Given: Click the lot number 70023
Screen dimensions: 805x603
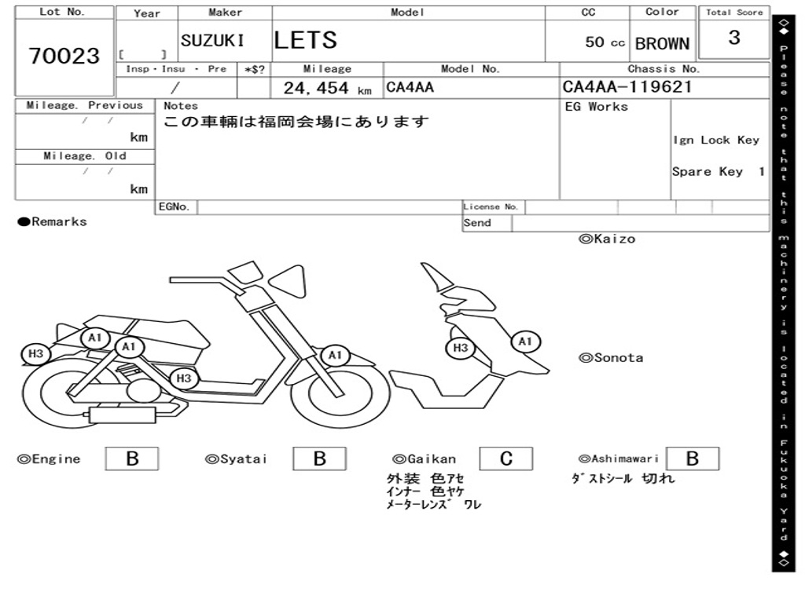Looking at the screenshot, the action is pyautogui.click(x=64, y=56).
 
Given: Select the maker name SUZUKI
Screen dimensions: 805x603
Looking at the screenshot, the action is pyautogui.click(x=212, y=41).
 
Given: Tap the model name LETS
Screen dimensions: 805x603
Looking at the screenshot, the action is pyautogui.click(x=306, y=40).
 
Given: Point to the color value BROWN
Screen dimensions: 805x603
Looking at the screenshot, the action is pyautogui.click(x=662, y=44).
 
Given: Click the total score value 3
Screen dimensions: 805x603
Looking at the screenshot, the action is pyautogui.click(x=734, y=38).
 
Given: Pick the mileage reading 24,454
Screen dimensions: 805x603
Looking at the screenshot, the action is pyautogui.click(x=316, y=88).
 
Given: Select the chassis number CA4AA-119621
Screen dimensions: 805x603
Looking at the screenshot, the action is pyautogui.click(x=627, y=86).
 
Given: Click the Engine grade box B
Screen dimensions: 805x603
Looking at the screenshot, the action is pyautogui.click(x=132, y=459).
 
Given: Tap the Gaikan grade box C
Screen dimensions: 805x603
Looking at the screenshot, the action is pyautogui.click(x=506, y=459).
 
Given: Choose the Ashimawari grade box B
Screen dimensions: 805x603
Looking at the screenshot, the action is pyautogui.click(x=693, y=459).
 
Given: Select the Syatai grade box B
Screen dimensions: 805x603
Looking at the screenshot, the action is pyautogui.click(x=319, y=459).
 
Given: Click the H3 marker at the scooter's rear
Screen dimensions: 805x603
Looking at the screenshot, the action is pyautogui.click(x=35, y=354).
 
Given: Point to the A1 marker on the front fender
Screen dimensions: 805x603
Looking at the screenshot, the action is pyautogui.click(x=335, y=356).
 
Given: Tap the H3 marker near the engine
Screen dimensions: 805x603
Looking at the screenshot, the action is pyautogui.click(x=183, y=379).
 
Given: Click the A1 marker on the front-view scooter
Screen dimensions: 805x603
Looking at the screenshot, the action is pyautogui.click(x=525, y=342).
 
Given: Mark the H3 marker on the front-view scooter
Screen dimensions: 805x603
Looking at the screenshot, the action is pyautogui.click(x=461, y=348).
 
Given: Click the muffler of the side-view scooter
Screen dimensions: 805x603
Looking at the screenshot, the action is pyautogui.click(x=122, y=415).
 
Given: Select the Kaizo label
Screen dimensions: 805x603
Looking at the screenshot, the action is pyautogui.click(x=608, y=239).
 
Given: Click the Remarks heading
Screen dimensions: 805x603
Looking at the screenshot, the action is pyautogui.click(x=52, y=221).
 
